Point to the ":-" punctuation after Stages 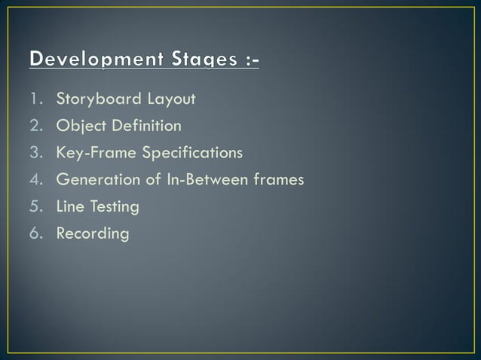pyautogui.click(x=248, y=58)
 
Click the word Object pyautogui.click(x=78, y=126)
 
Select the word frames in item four pyautogui.click(x=279, y=180)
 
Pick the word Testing pyautogui.click(x=114, y=206)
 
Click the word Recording pyautogui.click(x=93, y=233)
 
